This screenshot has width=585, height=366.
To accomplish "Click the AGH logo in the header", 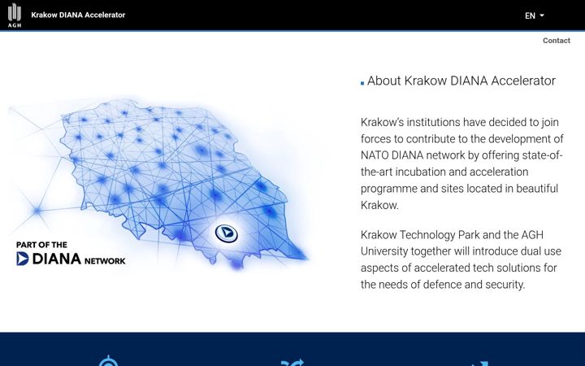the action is (x=15, y=15).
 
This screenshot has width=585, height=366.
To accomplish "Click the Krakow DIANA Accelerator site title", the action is (x=78, y=15).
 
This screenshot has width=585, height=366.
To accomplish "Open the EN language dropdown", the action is (x=535, y=15).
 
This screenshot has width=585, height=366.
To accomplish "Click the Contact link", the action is (x=557, y=41).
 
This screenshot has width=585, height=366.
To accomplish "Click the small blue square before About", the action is (x=362, y=83).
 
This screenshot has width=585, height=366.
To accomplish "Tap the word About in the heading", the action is (x=383, y=81).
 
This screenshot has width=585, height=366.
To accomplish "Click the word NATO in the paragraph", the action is (x=375, y=155).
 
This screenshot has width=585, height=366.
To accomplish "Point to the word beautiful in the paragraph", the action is (x=537, y=188).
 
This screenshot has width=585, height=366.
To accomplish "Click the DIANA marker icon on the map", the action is (x=226, y=233).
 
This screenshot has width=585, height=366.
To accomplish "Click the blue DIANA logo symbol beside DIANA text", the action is (x=23, y=259).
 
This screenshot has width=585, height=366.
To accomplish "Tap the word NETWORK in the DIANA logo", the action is (x=105, y=261).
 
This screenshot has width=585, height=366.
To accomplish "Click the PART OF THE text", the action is (x=41, y=245).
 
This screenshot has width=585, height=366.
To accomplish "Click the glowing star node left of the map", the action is (x=37, y=211).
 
